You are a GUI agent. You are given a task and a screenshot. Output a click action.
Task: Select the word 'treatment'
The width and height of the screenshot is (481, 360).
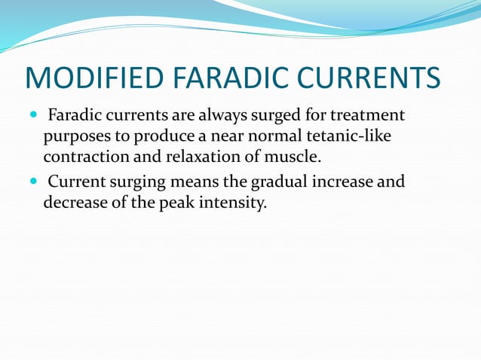[x=366, y=116]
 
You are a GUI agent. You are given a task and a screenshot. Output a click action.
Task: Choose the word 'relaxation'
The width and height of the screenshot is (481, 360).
[x=201, y=158]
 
